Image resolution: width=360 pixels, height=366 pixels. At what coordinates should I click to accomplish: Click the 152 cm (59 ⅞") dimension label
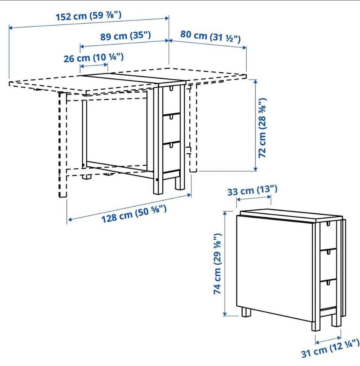point(89,16)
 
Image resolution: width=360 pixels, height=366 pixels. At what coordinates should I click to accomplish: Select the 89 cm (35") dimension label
point(126,36)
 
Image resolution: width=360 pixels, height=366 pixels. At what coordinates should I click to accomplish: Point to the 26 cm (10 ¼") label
point(94,58)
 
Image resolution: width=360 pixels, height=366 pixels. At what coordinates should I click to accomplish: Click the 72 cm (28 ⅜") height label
point(262,127)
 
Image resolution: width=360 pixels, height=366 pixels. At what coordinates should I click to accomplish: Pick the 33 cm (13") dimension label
point(252,190)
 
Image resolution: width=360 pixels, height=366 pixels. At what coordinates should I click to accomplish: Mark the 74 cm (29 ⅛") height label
point(217,264)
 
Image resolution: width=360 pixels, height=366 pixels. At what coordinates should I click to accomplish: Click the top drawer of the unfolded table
point(171,100)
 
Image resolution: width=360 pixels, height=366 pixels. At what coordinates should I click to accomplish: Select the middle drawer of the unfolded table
point(171,128)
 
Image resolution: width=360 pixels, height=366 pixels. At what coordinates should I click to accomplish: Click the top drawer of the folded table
point(328,236)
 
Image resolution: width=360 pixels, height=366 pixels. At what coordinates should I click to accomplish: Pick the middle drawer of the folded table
point(328,265)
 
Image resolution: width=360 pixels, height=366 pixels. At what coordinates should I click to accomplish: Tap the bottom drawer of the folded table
point(328,295)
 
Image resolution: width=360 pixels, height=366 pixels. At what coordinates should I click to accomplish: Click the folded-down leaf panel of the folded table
point(274,268)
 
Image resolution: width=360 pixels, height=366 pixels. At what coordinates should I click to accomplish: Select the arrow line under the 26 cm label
point(94,66)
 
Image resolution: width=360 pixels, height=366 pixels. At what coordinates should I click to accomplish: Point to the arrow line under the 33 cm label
point(254,198)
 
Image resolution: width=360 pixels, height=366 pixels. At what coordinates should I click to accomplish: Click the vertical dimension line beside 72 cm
point(255,125)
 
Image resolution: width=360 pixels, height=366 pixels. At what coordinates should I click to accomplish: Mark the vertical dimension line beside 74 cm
point(225,264)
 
